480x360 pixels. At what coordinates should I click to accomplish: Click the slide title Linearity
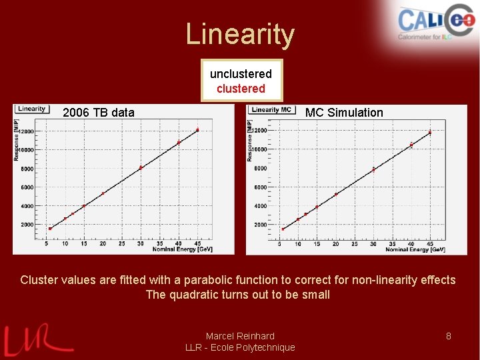pos(239,35)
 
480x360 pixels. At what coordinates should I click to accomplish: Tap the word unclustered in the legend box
pos(241,74)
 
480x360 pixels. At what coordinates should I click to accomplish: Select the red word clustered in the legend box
pos(241,89)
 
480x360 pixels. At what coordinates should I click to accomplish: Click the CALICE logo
pos(434,23)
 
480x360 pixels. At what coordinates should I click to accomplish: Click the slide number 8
pos(449,336)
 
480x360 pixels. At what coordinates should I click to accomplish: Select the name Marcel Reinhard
pos(240,336)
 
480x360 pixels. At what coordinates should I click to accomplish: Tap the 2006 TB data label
pos(98,113)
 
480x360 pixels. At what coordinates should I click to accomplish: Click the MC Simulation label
pos(344,113)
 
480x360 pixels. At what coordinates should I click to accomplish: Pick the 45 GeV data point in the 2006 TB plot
pos(197,129)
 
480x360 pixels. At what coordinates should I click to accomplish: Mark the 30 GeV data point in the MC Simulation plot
pos(373,169)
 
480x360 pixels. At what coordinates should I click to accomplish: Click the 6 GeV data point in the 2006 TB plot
pos(50,228)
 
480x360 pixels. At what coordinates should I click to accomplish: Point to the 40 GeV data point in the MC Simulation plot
pos(411,145)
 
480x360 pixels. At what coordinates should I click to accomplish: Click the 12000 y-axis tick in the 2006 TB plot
pos(27,131)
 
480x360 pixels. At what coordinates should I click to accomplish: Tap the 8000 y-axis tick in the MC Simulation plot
pos(260,169)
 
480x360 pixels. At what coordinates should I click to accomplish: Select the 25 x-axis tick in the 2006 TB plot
pos(122,244)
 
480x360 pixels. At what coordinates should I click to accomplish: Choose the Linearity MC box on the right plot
pos(273,109)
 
